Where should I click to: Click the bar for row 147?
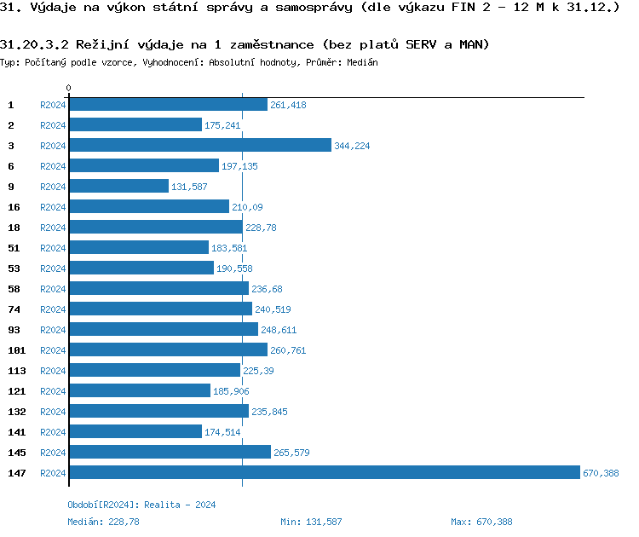tap(324, 473)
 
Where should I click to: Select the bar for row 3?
tap(199, 146)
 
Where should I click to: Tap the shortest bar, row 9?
tap(118, 187)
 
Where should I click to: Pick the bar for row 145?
tap(170, 453)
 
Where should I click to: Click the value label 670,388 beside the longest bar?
tap(601, 473)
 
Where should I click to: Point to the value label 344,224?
tap(352, 146)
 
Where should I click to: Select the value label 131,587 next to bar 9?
tap(189, 187)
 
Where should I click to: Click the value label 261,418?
tap(288, 105)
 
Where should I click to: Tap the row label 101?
tap(16, 350)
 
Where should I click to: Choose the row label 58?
tap(14, 289)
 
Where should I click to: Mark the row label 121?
tap(16, 391)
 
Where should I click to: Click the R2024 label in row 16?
tap(53, 207)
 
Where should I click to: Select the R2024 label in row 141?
tap(53, 432)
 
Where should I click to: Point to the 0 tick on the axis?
tap(68, 89)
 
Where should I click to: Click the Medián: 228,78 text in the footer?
tap(103, 522)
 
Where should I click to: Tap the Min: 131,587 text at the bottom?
tap(311, 522)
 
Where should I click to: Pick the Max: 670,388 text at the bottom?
tap(481, 522)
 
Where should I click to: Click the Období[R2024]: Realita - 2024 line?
tap(141, 505)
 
